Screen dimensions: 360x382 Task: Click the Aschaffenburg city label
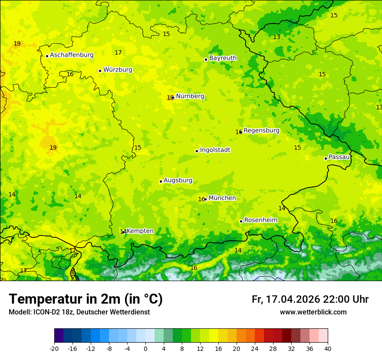[72, 55]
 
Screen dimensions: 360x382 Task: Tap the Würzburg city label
[118, 70]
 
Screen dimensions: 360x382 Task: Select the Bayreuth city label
[223, 58]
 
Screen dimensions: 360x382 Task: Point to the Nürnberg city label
[190, 96]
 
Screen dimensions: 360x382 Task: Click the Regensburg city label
[261, 131]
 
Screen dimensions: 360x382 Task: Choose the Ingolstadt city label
[215, 150]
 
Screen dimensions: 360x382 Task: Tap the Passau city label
[339, 157]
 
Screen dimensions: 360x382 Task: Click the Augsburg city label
[178, 180]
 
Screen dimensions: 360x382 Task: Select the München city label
[222, 198]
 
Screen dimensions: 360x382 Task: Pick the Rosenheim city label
[260, 220]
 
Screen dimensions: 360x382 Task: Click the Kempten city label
[140, 231]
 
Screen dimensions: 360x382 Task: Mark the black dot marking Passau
[326, 158]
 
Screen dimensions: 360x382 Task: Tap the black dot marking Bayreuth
[206, 59]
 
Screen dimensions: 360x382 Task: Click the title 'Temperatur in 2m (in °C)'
[86, 299]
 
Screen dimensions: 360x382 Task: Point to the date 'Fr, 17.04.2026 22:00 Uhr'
[310, 299]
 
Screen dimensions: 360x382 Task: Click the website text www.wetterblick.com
[313, 312]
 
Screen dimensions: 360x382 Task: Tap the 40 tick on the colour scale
[328, 348]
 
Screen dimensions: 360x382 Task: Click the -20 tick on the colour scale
[54, 348]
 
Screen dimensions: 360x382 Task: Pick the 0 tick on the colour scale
[145, 348]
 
